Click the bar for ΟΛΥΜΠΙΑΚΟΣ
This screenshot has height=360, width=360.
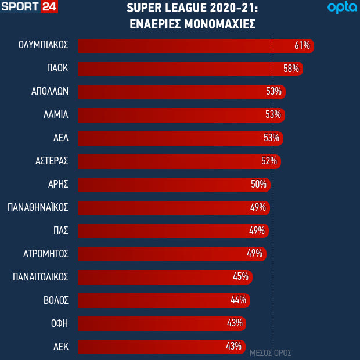(186, 45)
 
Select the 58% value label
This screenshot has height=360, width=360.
(291, 69)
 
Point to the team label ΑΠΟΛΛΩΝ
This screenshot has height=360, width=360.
(50, 92)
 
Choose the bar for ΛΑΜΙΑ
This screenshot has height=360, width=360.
(174, 115)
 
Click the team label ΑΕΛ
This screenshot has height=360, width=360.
(60, 138)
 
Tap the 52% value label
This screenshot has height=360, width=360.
(269, 161)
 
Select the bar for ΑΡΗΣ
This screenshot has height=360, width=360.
(168, 185)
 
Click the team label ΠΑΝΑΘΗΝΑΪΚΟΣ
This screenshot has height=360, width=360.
(38, 208)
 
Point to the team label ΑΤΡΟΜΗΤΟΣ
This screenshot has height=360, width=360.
(46, 254)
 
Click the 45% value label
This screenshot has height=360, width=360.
(240, 278)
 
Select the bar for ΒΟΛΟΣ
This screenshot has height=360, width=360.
(157, 301)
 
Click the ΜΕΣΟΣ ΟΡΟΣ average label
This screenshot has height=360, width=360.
(271, 352)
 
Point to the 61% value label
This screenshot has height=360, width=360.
(303, 45)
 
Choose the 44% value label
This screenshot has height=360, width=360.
(238, 301)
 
